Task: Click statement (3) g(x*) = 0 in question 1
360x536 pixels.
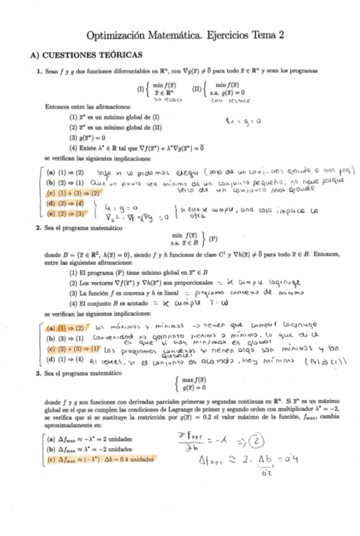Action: pos(87,137)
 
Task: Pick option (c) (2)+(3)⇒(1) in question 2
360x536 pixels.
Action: pos(69,348)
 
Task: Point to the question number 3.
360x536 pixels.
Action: pos(39,373)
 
